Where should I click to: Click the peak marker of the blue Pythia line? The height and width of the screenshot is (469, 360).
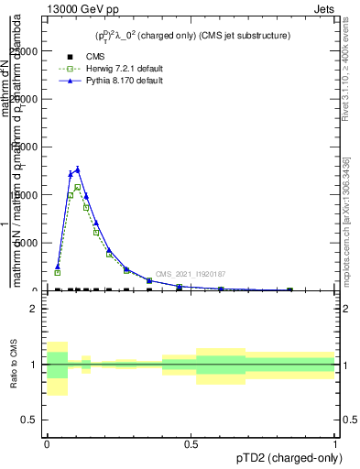[78, 169]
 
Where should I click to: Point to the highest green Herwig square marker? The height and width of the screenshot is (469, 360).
[78, 187]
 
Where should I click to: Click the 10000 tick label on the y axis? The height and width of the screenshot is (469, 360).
[26, 195]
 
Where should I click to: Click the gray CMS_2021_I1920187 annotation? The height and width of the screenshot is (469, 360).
[190, 274]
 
